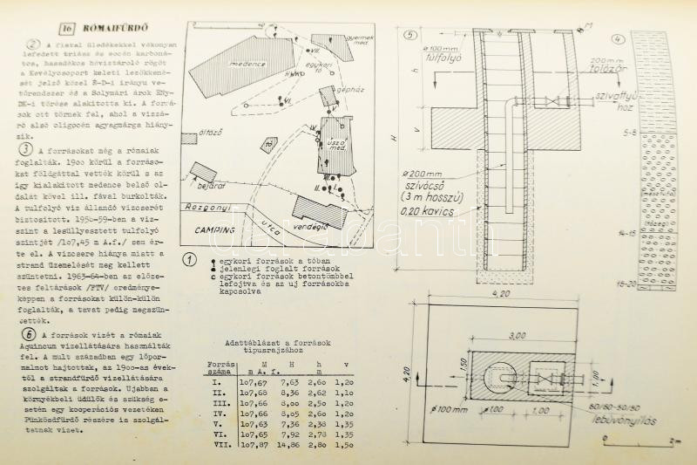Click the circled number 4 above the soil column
616,39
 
